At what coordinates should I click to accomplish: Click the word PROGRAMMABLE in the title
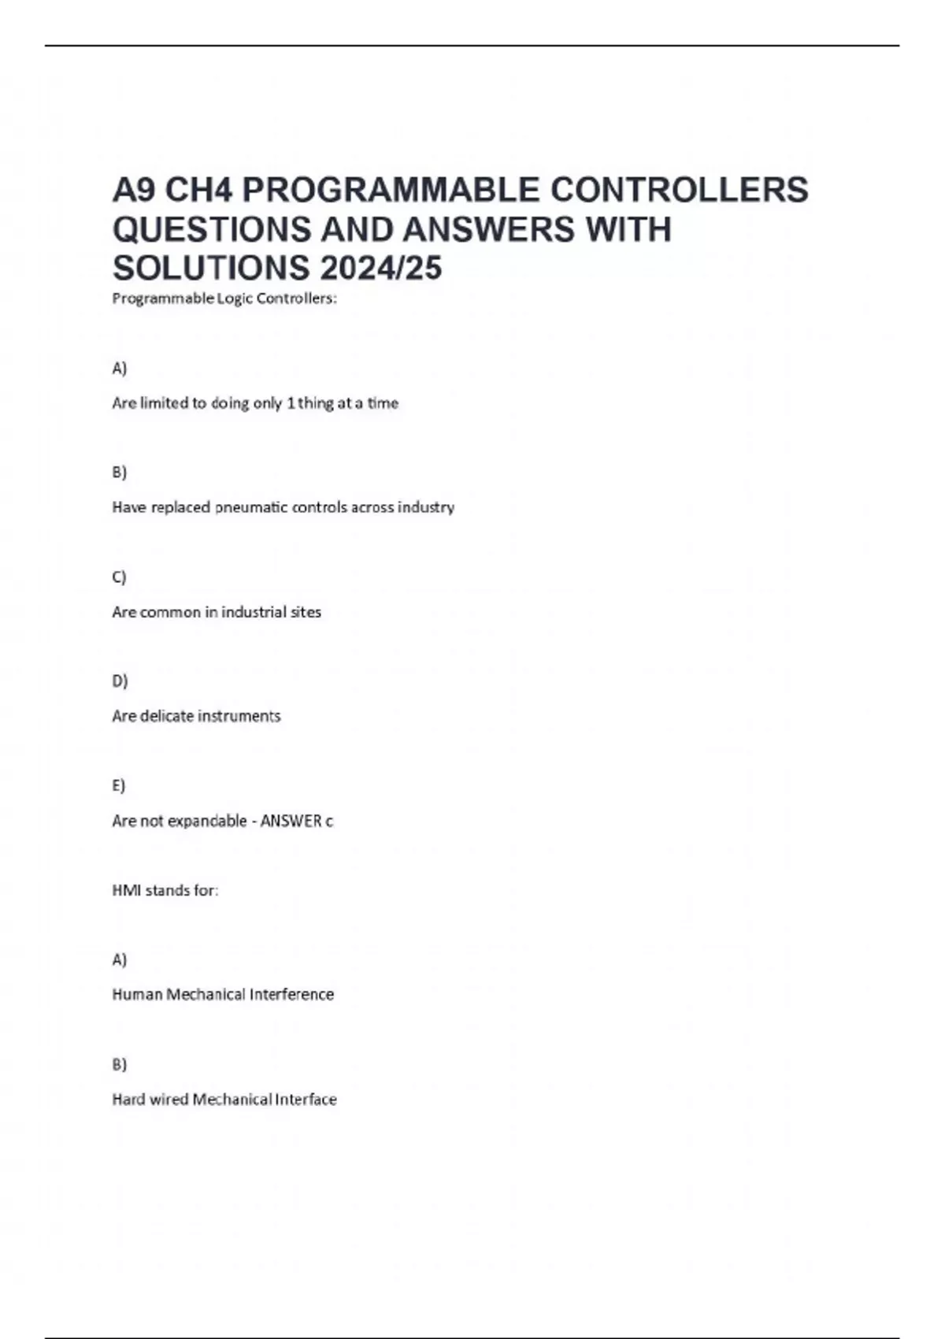[391, 190]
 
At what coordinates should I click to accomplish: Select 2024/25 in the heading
[381, 269]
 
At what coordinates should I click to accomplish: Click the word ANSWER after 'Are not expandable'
[291, 821]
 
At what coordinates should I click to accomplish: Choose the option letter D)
[120, 681]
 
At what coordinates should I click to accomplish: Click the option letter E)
[119, 785]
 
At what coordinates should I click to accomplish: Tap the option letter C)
[119, 577]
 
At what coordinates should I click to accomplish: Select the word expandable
[204, 821]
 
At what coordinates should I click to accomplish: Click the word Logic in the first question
[234, 299]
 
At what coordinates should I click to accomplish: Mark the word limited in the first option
[165, 403]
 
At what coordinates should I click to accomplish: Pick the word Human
[137, 994]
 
